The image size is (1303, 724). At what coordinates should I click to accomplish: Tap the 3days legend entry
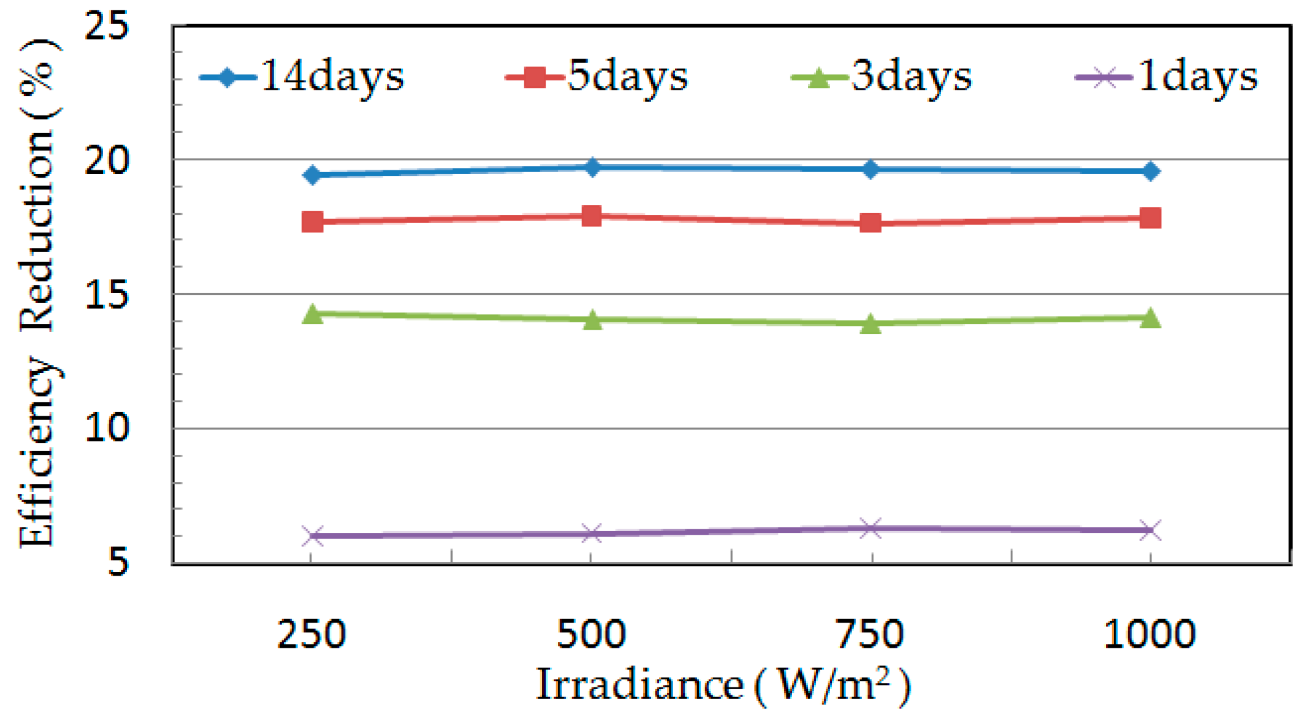(882, 78)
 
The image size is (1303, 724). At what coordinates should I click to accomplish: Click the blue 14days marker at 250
(312, 175)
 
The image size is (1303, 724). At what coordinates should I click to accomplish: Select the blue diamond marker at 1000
(1150, 172)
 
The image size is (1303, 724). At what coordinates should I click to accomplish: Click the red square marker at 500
(591, 215)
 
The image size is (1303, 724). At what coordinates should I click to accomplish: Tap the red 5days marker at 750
(871, 223)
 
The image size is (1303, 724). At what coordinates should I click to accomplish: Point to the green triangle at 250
(312, 314)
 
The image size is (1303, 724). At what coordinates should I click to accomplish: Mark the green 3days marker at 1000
(1150, 318)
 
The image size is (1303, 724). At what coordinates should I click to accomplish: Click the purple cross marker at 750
(871, 528)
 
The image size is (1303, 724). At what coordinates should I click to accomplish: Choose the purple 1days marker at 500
(591, 534)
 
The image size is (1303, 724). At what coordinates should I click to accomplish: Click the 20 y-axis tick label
(107, 161)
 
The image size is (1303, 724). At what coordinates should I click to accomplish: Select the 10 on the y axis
(107, 427)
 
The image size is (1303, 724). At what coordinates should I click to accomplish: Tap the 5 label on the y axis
(118, 560)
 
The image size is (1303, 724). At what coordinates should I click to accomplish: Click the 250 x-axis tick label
(312, 634)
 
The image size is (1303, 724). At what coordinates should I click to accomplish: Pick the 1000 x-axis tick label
(1150, 634)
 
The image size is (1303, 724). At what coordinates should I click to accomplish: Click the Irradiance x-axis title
(723, 686)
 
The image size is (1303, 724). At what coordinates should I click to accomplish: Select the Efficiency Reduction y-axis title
(38, 293)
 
